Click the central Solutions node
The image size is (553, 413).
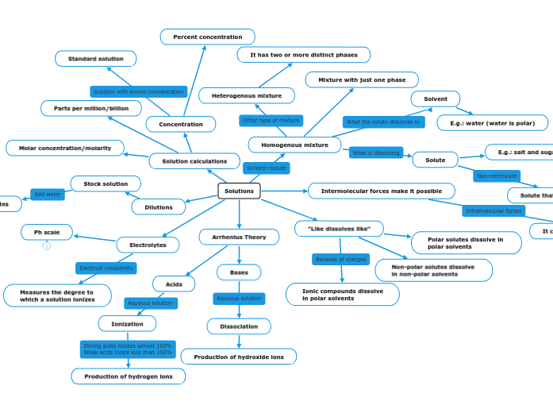pyautogui.click(x=239, y=191)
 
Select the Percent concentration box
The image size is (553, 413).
pyautogui.click(x=207, y=37)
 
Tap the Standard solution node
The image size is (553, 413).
pyautogui.click(x=95, y=59)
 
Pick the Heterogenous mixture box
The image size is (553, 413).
pyautogui.click(x=246, y=95)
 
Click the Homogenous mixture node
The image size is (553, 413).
pyautogui.click(x=294, y=145)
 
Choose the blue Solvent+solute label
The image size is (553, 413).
pyautogui.click(x=266, y=168)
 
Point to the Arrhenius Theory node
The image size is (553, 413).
pyautogui.click(x=239, y=237)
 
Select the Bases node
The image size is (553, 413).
pyautogui.click(x=239, y=272)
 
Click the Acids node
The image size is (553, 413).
pyautogui.click(x=174, y=284)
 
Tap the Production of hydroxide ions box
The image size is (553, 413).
pyautogui.click(x=238, y=357)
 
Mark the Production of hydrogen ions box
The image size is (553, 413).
pyautogui.click(x=128, y=376)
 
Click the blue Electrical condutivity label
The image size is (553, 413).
pyautogui.click(x=106, y=268)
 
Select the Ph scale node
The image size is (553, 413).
pyautogui.click(x=46, y=232)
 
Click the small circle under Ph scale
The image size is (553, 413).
pyautogui.click(x=47, y=246)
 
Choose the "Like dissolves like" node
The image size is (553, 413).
pyautogui.click(x=339, y=229)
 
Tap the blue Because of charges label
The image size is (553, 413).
pyautogui.click(x=340, y=259)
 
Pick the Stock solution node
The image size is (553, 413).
pyautogui.click(x=106, y=183)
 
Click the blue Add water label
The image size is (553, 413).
pyautogui.click(x=48, y=195)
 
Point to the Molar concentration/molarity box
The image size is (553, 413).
pyautogui.click(x=65, y=148)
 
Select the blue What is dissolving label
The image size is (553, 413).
pyautogui.click(x=376, y=152)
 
